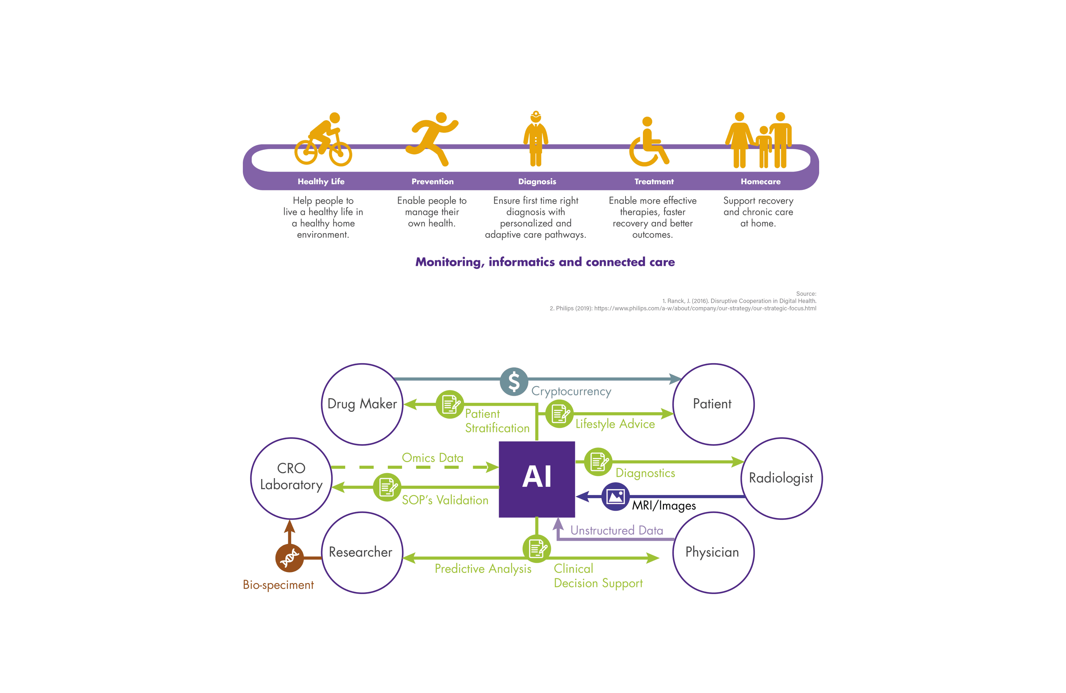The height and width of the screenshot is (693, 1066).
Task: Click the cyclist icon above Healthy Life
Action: pos(323,140)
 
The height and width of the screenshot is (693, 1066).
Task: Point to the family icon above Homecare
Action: pos(759,140)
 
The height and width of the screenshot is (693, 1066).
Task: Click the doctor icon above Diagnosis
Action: pos(536,139)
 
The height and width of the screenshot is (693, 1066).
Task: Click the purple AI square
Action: pos(537,479)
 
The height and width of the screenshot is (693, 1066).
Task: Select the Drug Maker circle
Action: pos(362,404)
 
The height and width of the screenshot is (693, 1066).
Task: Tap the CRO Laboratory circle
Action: pos(291,478)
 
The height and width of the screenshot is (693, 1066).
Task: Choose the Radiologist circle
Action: pos(781,478)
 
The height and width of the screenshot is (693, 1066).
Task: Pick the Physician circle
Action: pos(713,552)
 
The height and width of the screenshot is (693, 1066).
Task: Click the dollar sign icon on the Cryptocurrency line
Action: pos(514,382)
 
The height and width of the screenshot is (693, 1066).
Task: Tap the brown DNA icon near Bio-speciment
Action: pos(289,558)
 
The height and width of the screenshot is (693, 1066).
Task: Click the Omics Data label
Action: pos(432,458)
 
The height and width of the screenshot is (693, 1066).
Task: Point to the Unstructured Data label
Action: pos(616,530)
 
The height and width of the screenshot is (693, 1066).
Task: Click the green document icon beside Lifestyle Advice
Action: pos(559,413)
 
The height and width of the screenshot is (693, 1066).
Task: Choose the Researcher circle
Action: pos(362,552)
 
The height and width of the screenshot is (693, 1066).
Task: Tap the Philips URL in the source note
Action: pos(705,308)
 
